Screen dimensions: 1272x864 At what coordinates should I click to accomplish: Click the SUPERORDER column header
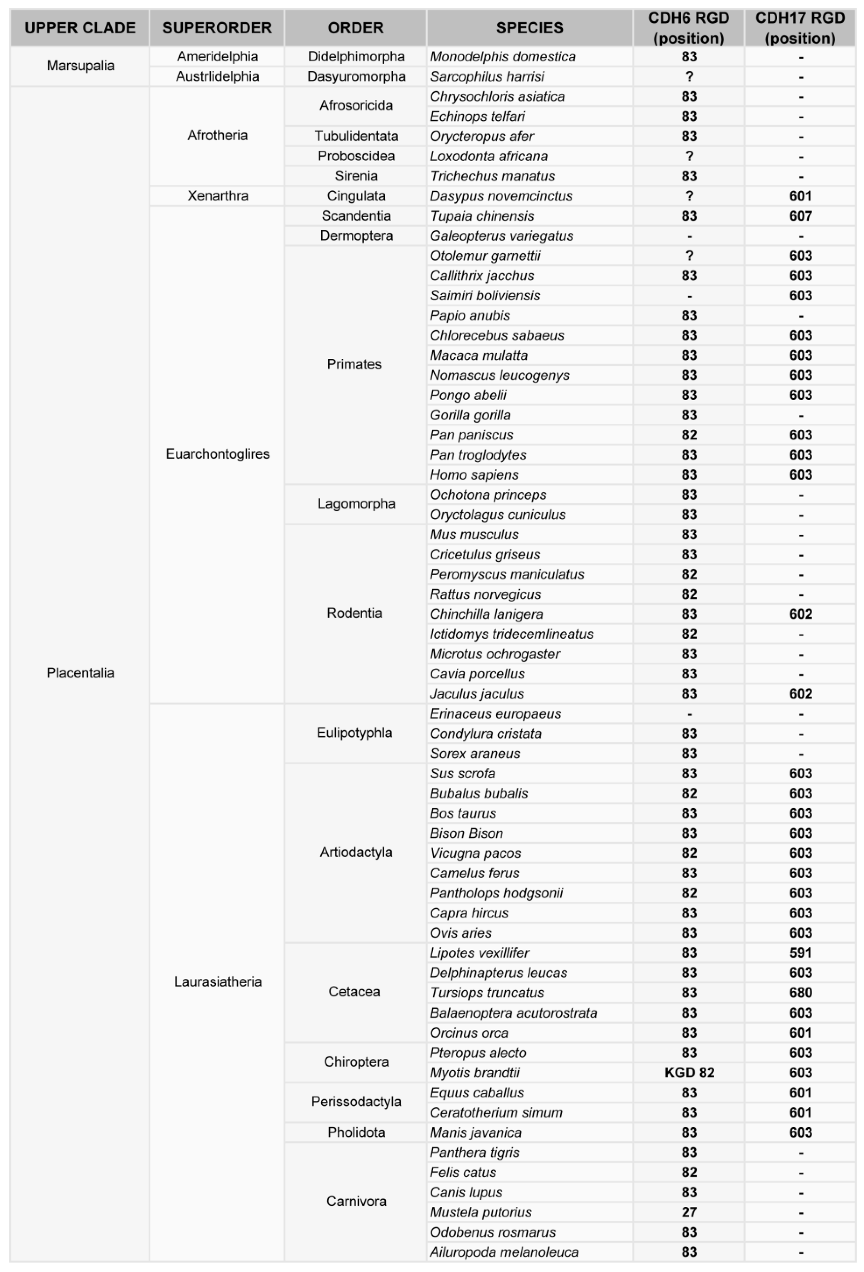pos(217,28)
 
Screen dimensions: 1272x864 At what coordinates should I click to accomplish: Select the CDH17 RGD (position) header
pos(800,28)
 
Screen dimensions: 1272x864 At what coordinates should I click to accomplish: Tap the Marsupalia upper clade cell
pos(80,66)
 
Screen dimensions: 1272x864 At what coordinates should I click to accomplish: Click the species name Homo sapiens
pos(474,474)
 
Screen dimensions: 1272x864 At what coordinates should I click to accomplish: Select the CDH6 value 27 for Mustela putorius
pos(689,1212)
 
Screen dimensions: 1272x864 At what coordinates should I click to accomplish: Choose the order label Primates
pos(354,365)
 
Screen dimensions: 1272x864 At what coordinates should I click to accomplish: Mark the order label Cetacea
pos(354,992)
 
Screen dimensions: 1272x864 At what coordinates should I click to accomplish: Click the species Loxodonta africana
pos(489,156)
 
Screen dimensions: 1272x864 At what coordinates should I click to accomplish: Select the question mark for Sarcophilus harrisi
pos(689,77)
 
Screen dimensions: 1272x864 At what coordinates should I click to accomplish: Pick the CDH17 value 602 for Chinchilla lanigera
pos(800,614)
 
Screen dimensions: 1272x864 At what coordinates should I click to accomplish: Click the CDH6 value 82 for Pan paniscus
pos(689,435)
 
